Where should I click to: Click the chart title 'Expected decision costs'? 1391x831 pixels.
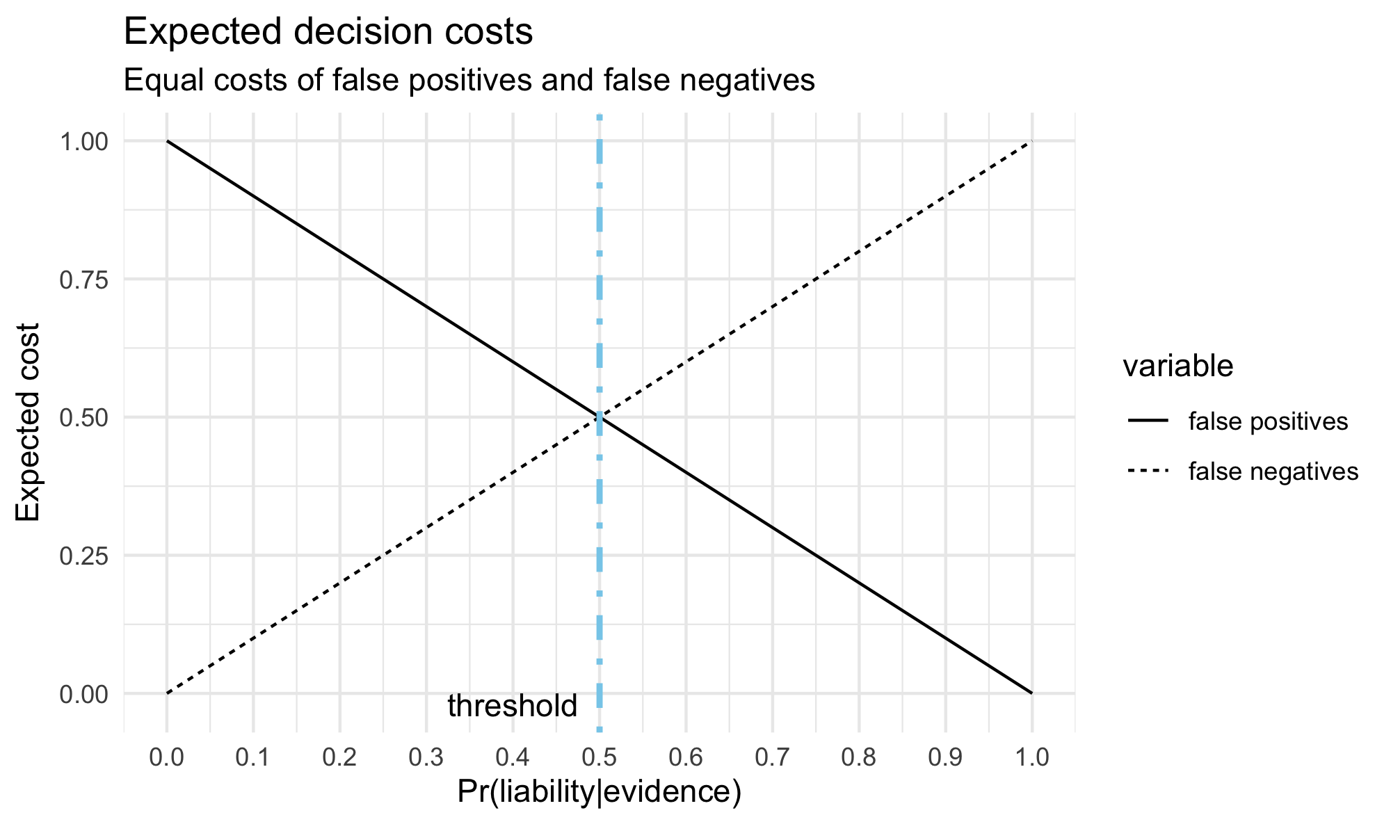328,33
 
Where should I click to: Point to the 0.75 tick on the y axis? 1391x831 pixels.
83,280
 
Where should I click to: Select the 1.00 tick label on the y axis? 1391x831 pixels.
83,142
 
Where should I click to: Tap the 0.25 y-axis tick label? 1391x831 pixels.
83,556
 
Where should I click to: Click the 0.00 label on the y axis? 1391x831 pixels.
83,694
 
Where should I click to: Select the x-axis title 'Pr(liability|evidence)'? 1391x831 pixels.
599,793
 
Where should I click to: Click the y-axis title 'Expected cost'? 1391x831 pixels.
28,422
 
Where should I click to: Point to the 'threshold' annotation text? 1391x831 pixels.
512,707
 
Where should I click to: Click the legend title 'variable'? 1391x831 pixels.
1178,366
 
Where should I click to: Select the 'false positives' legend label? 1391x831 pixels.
1269,421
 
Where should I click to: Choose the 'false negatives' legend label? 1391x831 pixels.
1273,471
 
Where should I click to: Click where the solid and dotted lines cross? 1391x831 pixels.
600,417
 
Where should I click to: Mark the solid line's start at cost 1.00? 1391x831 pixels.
167,141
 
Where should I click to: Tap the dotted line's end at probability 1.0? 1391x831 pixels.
1031,141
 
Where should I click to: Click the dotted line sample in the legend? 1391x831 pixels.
1148,471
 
